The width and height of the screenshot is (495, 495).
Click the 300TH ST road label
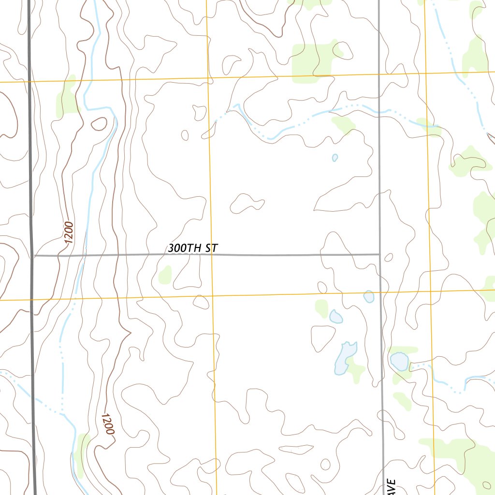tap(193, 248)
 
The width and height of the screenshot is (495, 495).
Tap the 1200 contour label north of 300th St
tap(68, 232)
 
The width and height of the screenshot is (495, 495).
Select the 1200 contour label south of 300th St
tap(108, 423)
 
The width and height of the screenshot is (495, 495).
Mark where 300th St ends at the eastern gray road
tap(379, 254)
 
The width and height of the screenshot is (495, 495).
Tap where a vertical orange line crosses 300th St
tap(211, 254)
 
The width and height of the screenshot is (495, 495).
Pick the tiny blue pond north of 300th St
tap(335, 158)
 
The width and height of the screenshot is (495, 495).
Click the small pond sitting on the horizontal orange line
tap(369, 296)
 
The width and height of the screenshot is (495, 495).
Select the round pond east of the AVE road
tap(399, 361)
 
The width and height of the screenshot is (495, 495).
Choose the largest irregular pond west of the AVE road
tap(344, 358)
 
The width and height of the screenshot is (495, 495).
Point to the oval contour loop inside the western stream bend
tap(99, 124)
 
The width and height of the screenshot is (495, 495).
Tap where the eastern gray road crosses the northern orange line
tap(378, 74)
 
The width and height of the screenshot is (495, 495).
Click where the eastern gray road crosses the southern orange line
tap(380, 292)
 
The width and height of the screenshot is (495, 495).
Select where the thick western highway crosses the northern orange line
tap(30, 82)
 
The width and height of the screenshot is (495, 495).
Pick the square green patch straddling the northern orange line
tap(312, 60)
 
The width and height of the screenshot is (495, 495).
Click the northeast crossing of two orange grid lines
tap(425, 73)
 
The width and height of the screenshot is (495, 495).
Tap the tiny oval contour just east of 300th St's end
tap(388, 257)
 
